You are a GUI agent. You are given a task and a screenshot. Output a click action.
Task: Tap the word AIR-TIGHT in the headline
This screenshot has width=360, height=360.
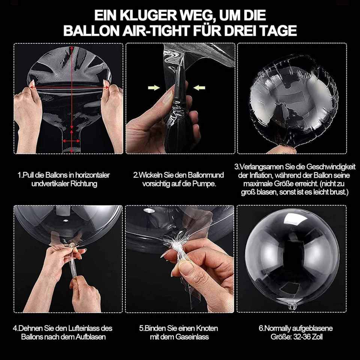(x=156, y=30)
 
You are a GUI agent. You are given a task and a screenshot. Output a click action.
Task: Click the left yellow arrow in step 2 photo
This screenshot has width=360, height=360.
(x=154, y=87)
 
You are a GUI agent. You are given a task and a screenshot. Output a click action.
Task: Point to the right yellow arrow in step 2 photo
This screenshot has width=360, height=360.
(x=199, y=87)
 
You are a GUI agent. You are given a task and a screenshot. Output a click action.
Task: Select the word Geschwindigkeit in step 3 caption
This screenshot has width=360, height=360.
(x=331, y=167)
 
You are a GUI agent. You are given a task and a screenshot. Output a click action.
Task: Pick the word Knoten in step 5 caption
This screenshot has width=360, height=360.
(x=206, y=328)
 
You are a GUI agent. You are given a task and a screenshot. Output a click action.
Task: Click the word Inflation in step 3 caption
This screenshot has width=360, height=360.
(x=261, y=175)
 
